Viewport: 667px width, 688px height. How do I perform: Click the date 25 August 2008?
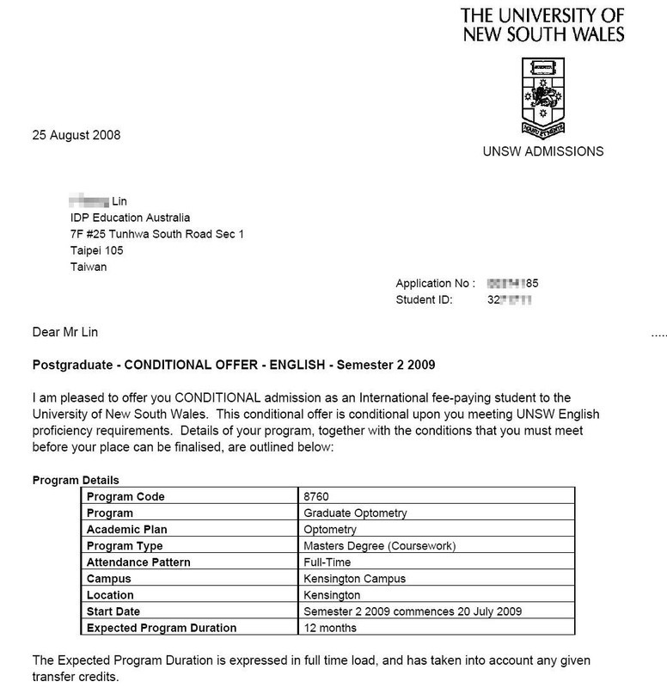point(76,135)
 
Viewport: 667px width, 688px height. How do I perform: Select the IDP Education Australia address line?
point(130,218)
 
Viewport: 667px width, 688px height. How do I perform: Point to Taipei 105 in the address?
point(97,250)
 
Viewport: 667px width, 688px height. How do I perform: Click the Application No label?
point(435,284)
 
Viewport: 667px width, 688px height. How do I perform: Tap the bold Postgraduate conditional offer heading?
point(234,365)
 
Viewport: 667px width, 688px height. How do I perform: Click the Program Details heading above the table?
point(76,480)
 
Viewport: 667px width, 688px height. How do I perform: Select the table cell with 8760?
point(317,497)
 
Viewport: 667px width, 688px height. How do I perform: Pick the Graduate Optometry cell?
point(356,513)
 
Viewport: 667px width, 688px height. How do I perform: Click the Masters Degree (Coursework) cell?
point(380,546)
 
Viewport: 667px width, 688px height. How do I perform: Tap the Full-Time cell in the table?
point(328,562)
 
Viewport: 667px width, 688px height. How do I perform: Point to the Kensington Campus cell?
point(355,579)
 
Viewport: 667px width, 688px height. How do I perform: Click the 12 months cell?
point(331,628)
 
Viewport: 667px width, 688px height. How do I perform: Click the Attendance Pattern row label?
point(139,562)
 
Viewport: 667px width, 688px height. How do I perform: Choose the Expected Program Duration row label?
point(161,628)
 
